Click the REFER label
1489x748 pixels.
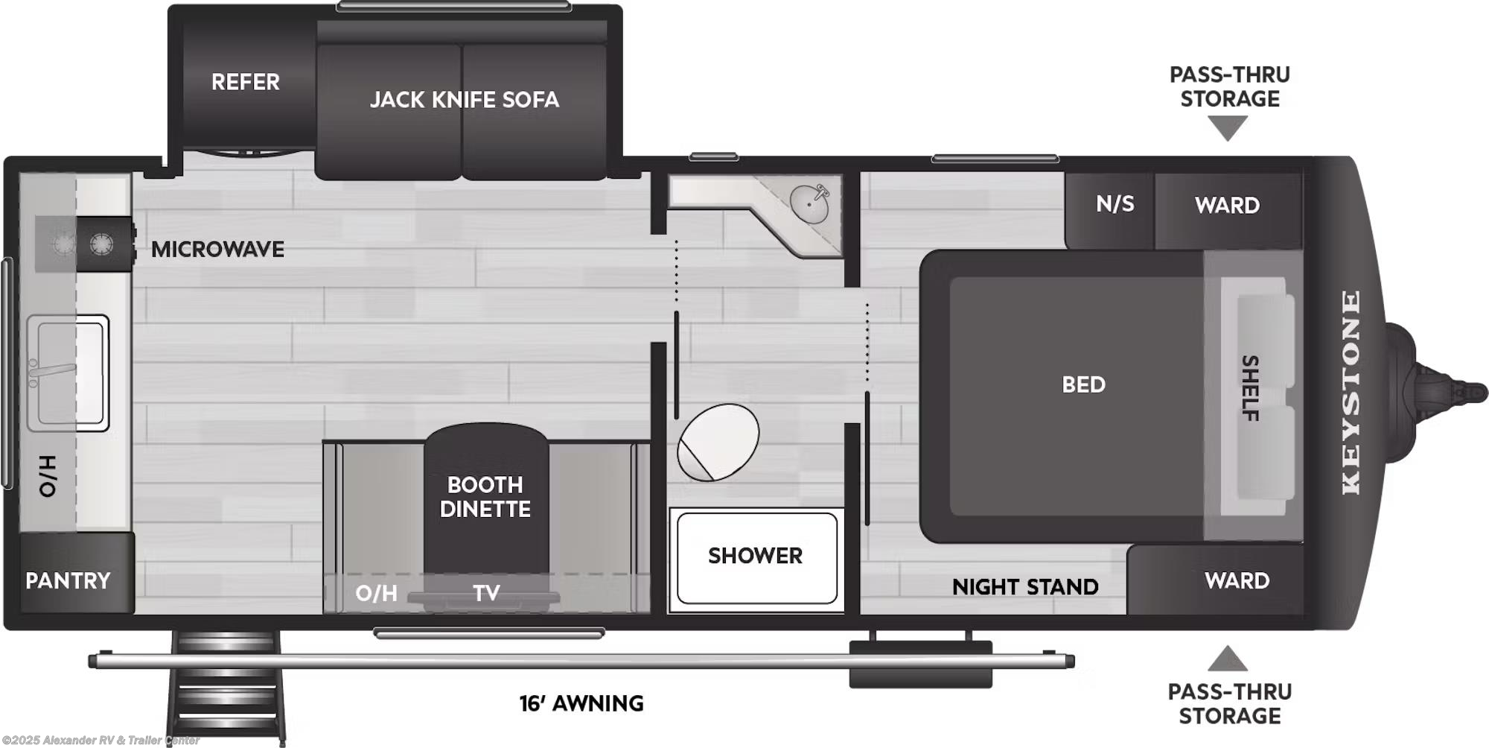(245, 82)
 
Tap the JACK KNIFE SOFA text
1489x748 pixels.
(464, 100)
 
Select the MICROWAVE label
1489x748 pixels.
(217, 250)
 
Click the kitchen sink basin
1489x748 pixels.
(67, 373)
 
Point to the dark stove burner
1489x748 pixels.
(101, 244)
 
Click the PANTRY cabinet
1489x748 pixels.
(68, 580)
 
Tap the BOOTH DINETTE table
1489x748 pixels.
(485, 498)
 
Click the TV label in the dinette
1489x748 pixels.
(486, 594)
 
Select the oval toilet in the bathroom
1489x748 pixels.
(717, 443)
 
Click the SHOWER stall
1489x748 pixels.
(755, 557)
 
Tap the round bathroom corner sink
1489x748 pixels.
(809, 203)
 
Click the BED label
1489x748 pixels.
(1083, 385)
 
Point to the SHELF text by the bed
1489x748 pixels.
(1251, 388)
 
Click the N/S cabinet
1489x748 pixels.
(1115, 204)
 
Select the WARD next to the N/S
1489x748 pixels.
(1227, 206)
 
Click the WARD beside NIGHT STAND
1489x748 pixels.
(1237, 581)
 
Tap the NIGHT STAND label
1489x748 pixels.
(1025, 587)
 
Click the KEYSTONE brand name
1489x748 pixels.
(1351, 393)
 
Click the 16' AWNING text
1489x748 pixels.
(581, 703)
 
